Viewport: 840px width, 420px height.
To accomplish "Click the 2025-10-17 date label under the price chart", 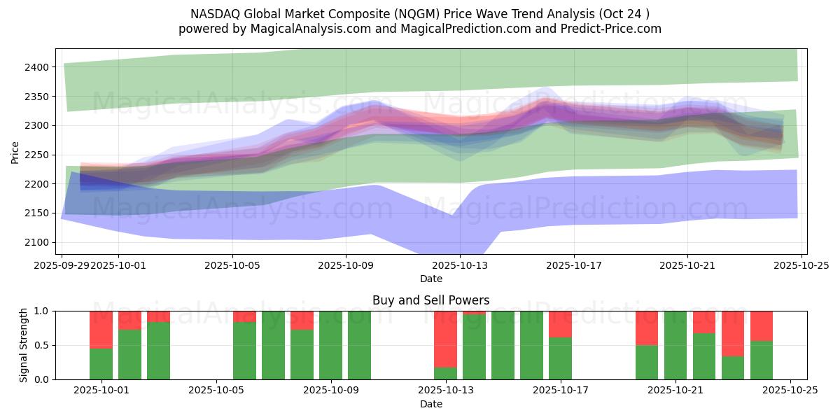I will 573,265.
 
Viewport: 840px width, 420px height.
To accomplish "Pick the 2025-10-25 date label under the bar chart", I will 790,391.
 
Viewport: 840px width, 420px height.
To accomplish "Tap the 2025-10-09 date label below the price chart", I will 346,265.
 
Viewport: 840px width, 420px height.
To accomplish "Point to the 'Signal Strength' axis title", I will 24,345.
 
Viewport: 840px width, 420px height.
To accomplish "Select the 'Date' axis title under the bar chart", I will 430,404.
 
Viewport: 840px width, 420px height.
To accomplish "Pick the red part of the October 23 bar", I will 733,333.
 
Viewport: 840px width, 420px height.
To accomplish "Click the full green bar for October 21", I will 675,345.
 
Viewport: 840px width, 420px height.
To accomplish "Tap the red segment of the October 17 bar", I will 560,324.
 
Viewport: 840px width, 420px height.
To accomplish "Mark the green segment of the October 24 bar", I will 762,360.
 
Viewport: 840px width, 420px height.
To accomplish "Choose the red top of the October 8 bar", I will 302,320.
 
